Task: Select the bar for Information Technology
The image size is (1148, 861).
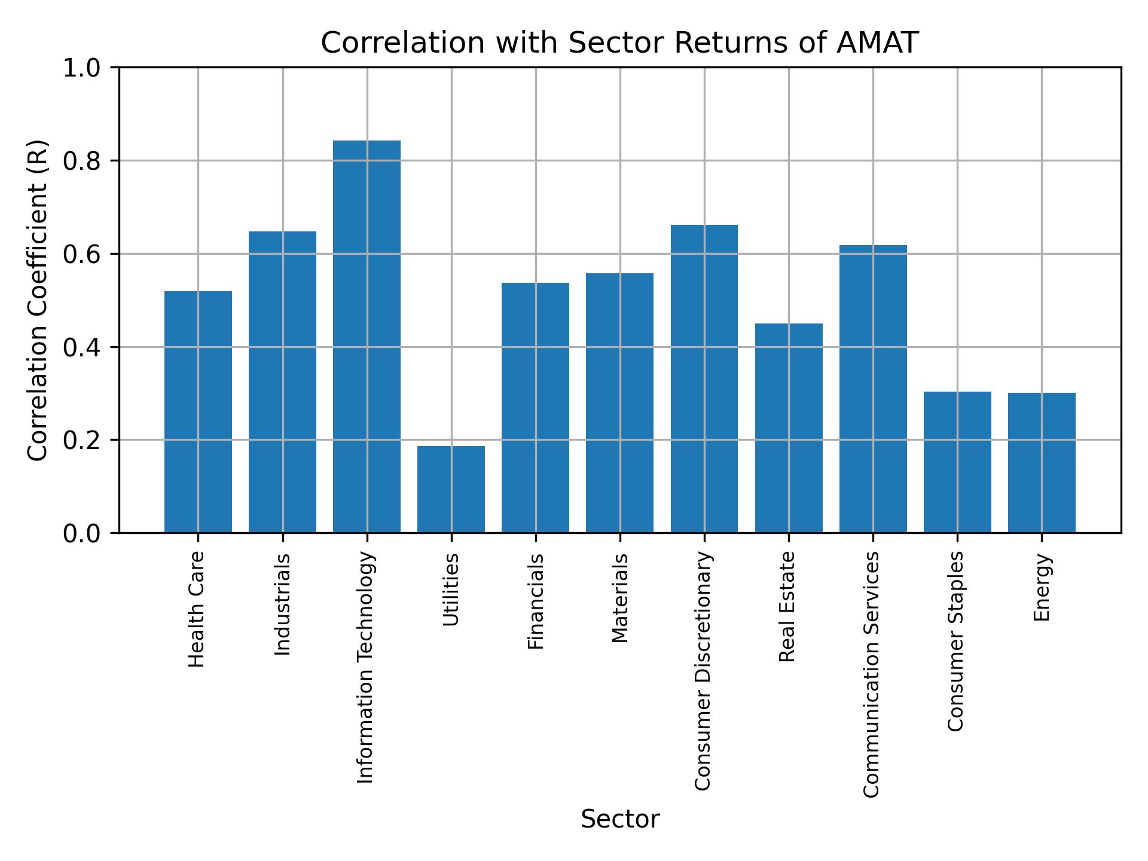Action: pos(367,337)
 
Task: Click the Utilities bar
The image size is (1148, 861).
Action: pos(451,489)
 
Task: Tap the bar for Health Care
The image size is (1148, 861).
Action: pos(198,412)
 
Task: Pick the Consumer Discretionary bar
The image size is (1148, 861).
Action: pos(704,378)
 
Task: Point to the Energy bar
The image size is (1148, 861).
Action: pos(1042,462)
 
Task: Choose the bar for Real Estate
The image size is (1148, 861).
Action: pos(789,428)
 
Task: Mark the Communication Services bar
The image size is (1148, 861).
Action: pos(873,389)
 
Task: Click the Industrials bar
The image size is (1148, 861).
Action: pos(282,382)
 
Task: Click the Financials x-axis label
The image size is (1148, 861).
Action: pos(536,602)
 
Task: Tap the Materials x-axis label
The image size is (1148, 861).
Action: pos(620,599)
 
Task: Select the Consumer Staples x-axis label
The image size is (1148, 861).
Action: pos(957,641)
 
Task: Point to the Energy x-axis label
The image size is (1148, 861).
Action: pos(1042,588)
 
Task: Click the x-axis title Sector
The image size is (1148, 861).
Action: pos(620,819)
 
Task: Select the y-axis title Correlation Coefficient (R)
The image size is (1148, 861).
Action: pos(38,300)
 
